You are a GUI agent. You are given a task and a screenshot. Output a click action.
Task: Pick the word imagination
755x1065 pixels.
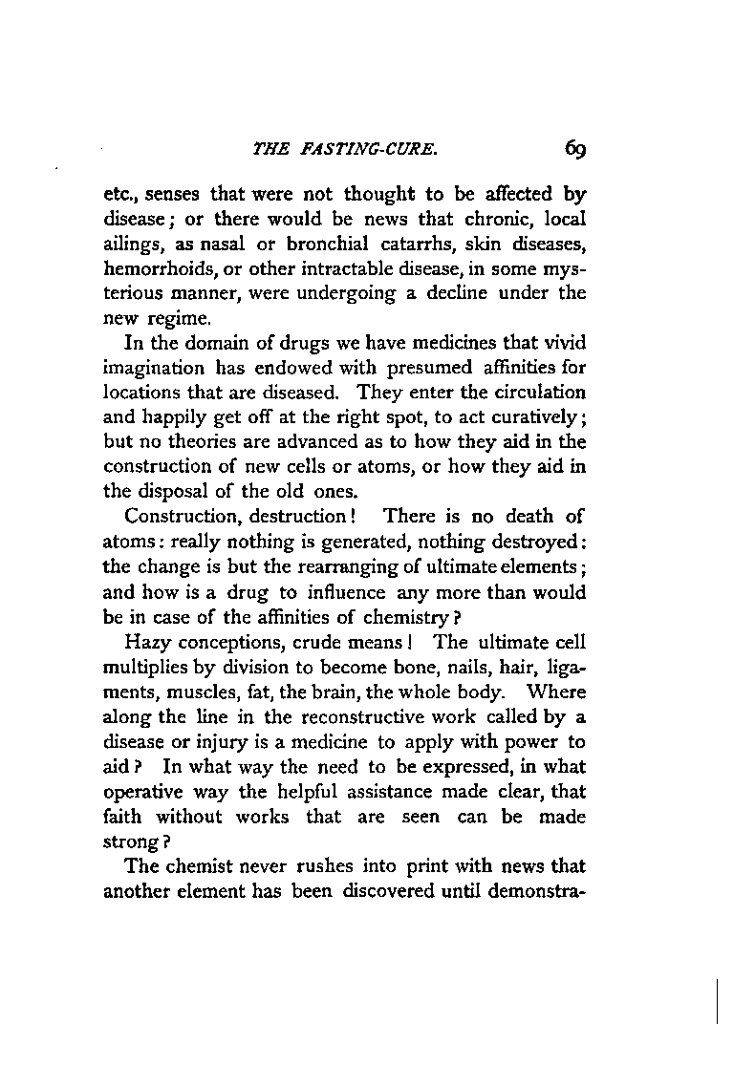tap(153, 366)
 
